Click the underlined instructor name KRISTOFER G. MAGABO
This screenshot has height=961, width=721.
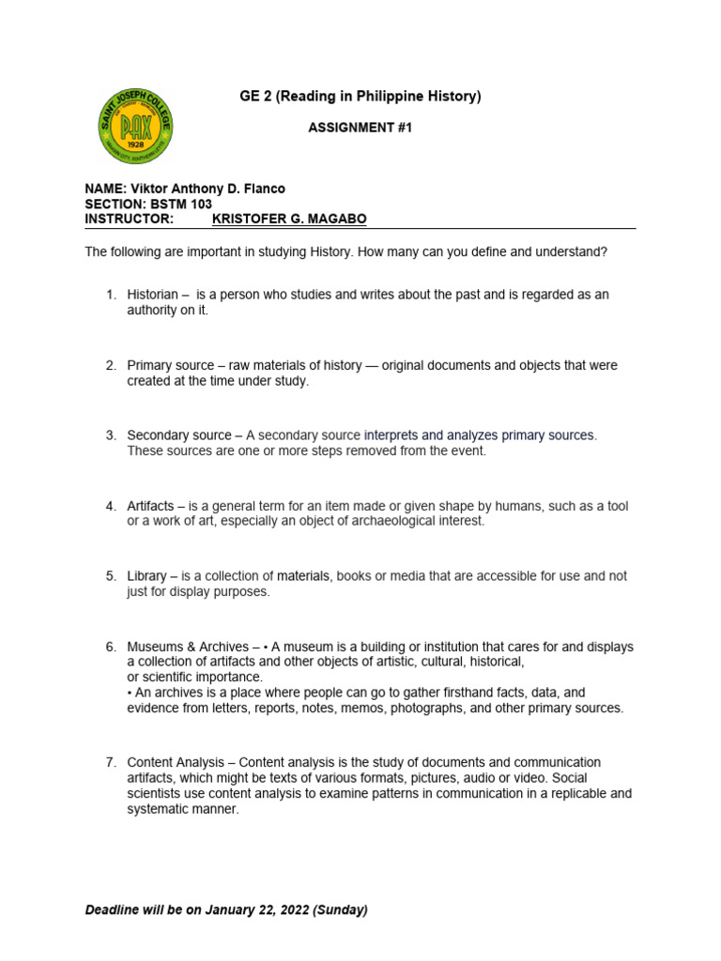290,219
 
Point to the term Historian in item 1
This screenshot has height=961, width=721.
152,295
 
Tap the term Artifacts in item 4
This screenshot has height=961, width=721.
150,506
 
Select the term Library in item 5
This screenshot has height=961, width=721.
146,576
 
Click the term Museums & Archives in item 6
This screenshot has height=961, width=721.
188,647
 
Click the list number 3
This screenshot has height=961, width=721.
110,435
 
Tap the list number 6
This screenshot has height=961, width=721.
110,647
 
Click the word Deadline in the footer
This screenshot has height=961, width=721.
114,910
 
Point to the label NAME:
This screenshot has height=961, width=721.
104,189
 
